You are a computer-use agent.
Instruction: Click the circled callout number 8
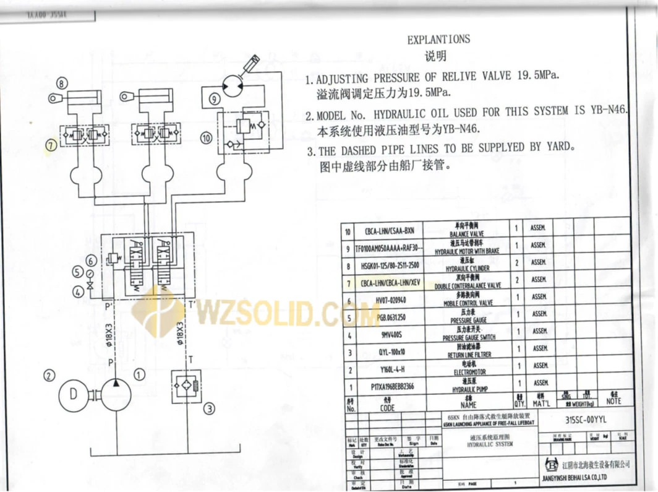pyautogui.click(x=61, y=83)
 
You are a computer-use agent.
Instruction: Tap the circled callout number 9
pyautogui.click(x=213, y=98)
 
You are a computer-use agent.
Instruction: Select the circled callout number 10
pyautogui.click(x=206, y=137)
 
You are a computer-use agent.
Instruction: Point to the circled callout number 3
pyautogui.click(x=210, y=408)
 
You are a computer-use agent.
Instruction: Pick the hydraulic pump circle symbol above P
pyautogui.click(x=116, y=392)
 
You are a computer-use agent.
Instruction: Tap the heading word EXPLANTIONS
pyautogui.click(x=438, y=39)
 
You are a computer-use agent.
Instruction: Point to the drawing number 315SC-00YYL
pyautogui.click(x=585, y=420)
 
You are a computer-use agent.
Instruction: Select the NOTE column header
pyautogui.click(x=614, y=401)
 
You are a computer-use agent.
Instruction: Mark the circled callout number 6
pyautogui.click(x=91, y=261)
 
